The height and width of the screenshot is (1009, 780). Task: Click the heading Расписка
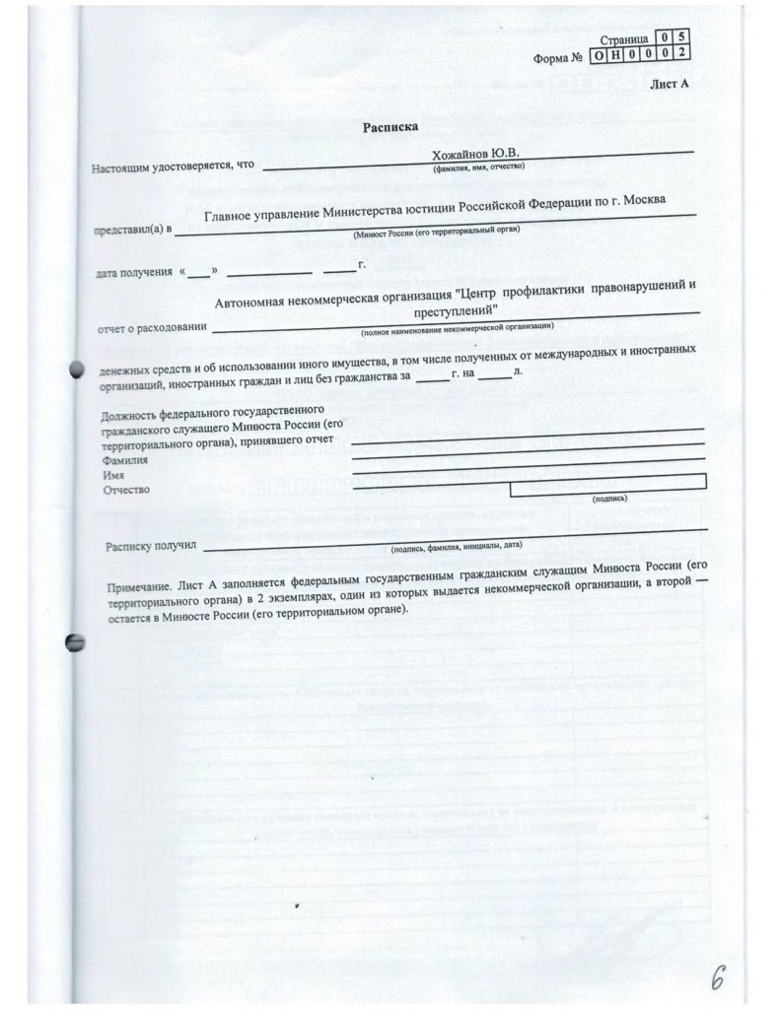tap(390, 126)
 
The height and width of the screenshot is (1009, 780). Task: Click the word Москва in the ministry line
tap(642, 200)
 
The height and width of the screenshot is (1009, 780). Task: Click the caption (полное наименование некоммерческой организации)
tap(458, 325)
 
